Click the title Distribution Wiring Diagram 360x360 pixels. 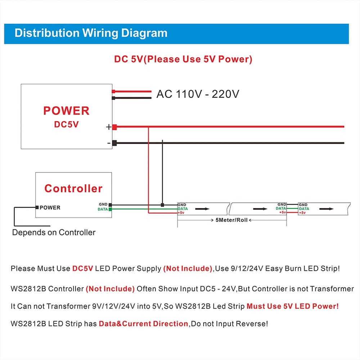(x=91, y=33)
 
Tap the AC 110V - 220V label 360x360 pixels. (x=198, y=94)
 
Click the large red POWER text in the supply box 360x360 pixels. (x=66, y=111)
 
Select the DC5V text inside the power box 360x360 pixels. (x=66, y=124)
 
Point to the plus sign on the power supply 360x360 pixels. (x=108, y=127)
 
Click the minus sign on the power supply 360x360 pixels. (x=109, y=143)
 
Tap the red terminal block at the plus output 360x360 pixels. (x=114, y=127)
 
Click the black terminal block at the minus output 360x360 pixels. (x=114, y=143)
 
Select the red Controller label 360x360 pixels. (x=73, y=188)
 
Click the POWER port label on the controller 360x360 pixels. (x=50, y=207)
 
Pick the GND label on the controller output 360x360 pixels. (x=103, y=204)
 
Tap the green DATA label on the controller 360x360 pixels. (x=103, y=209)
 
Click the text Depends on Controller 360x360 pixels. (x=54, y=232)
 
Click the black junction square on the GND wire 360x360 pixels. (x=163, y=205)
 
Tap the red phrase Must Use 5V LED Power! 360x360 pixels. (x=292, y=306)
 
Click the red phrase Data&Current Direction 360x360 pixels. (x=143, y=324)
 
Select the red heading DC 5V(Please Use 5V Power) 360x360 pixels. (x=183, y=59)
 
